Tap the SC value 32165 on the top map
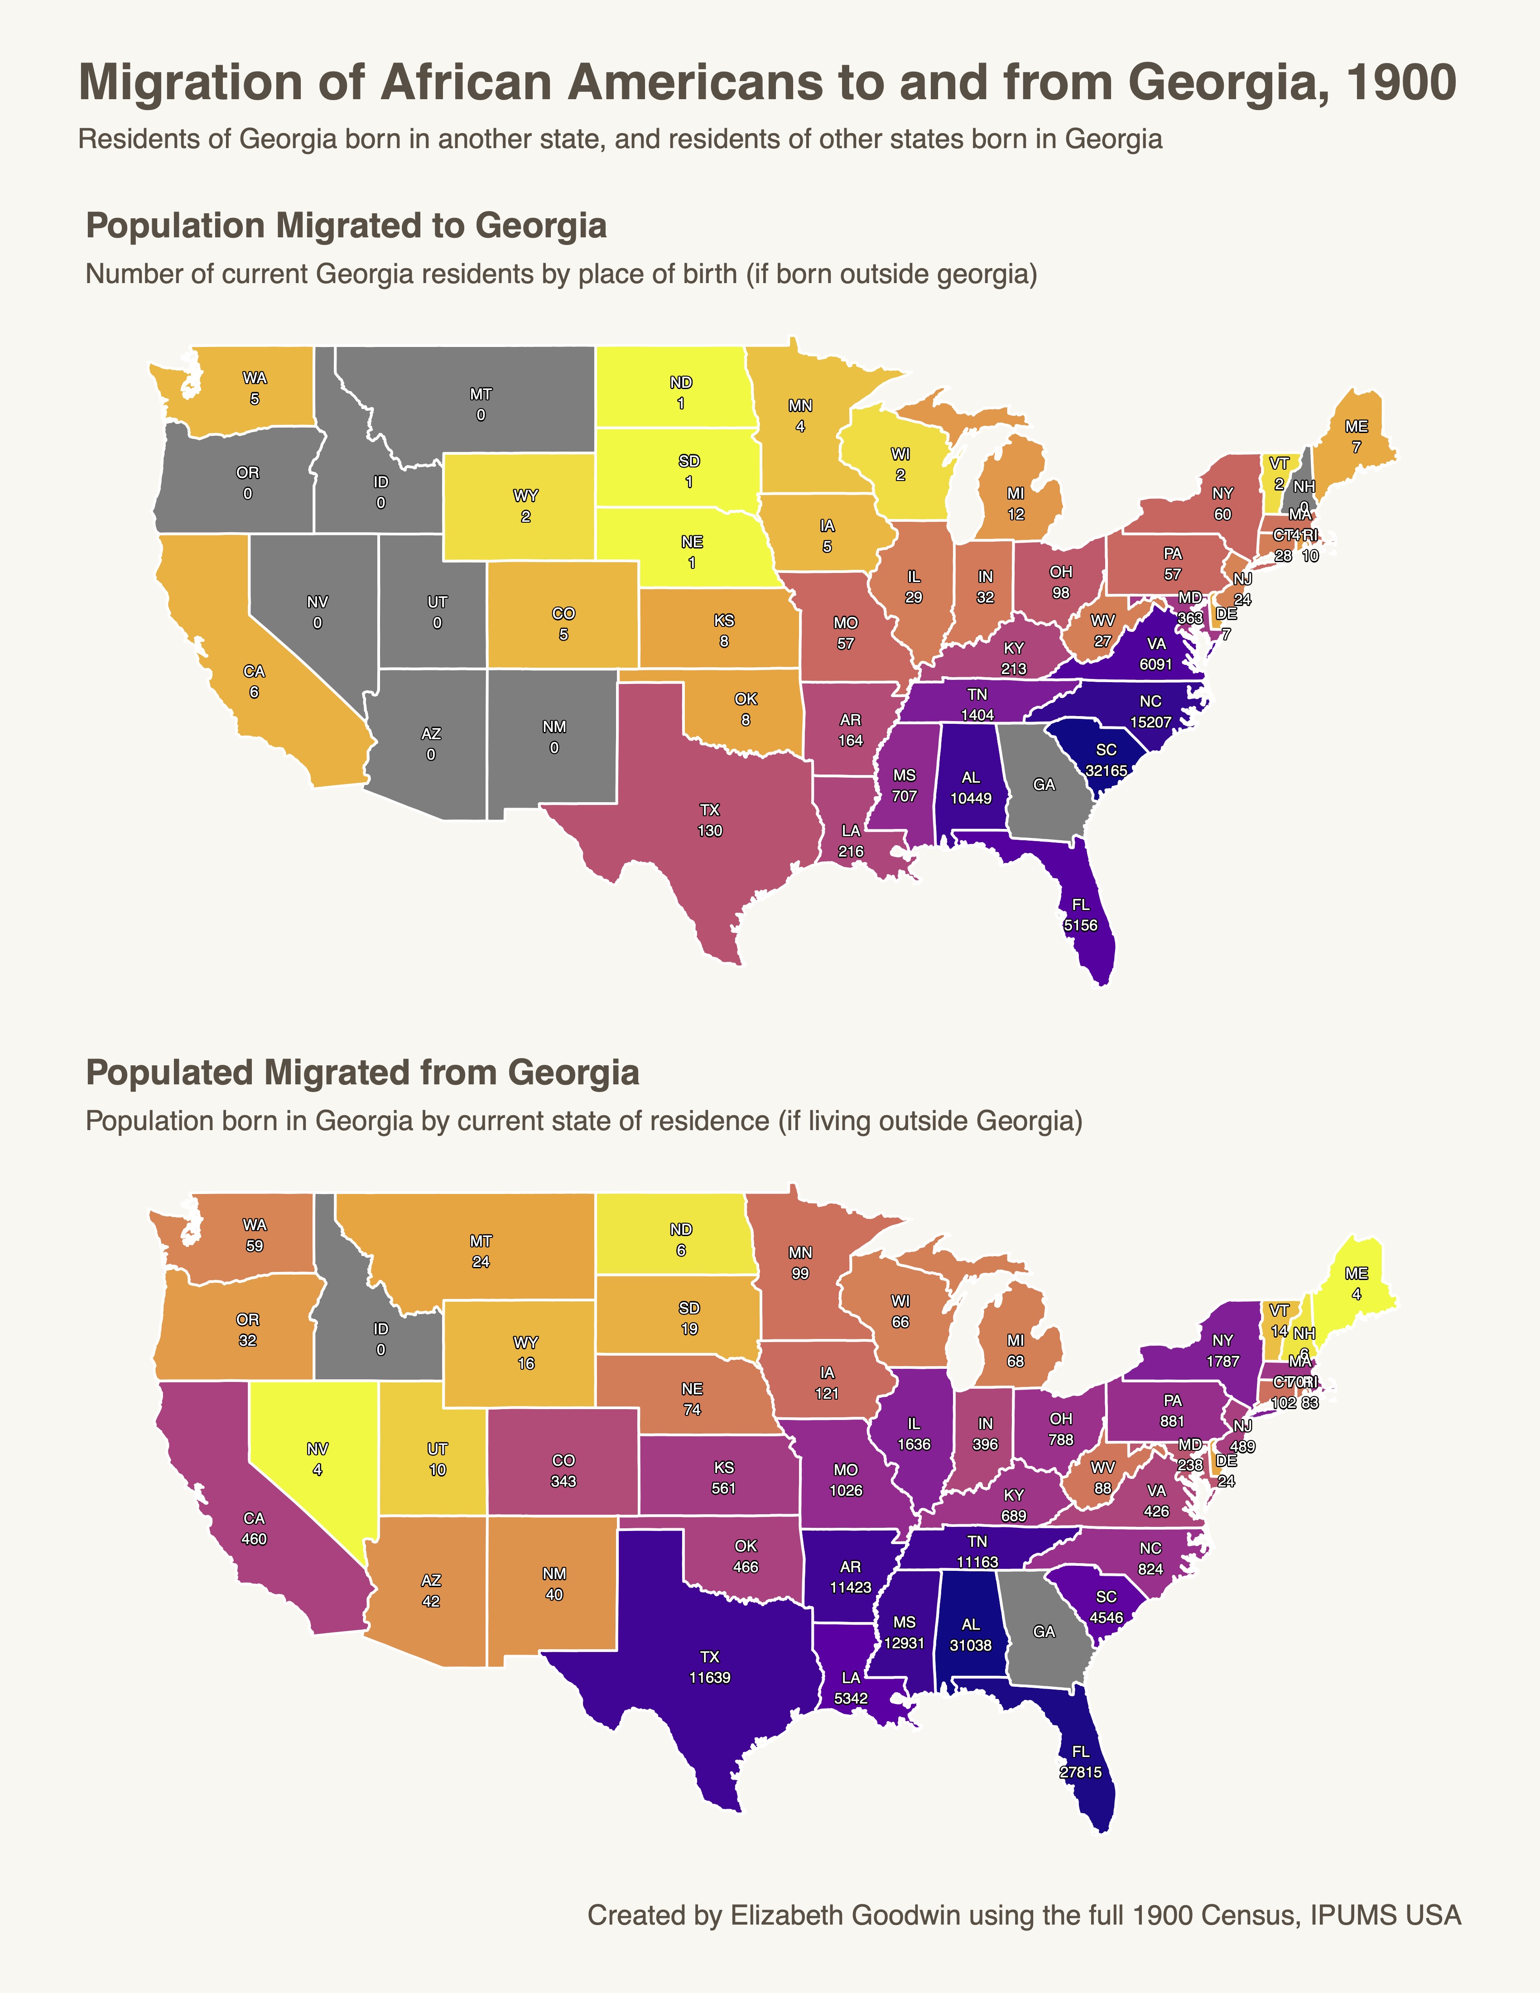pyautogui.click(x=1106, y=770)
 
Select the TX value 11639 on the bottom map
pyautogui.click(x=710, y=1677)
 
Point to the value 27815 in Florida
pyautogui.click(x=1080, y=1772)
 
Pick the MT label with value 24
pyautogui.click(x=481, y=1251)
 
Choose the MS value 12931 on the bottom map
pyautogui.click(x=904, y=1642)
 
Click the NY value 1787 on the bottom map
pyautogui.click(x=1222, y=1361)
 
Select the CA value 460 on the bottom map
pyautogui.click(x=254, y=1539)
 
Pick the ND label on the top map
pyautogui.click(x=681, y=382)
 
